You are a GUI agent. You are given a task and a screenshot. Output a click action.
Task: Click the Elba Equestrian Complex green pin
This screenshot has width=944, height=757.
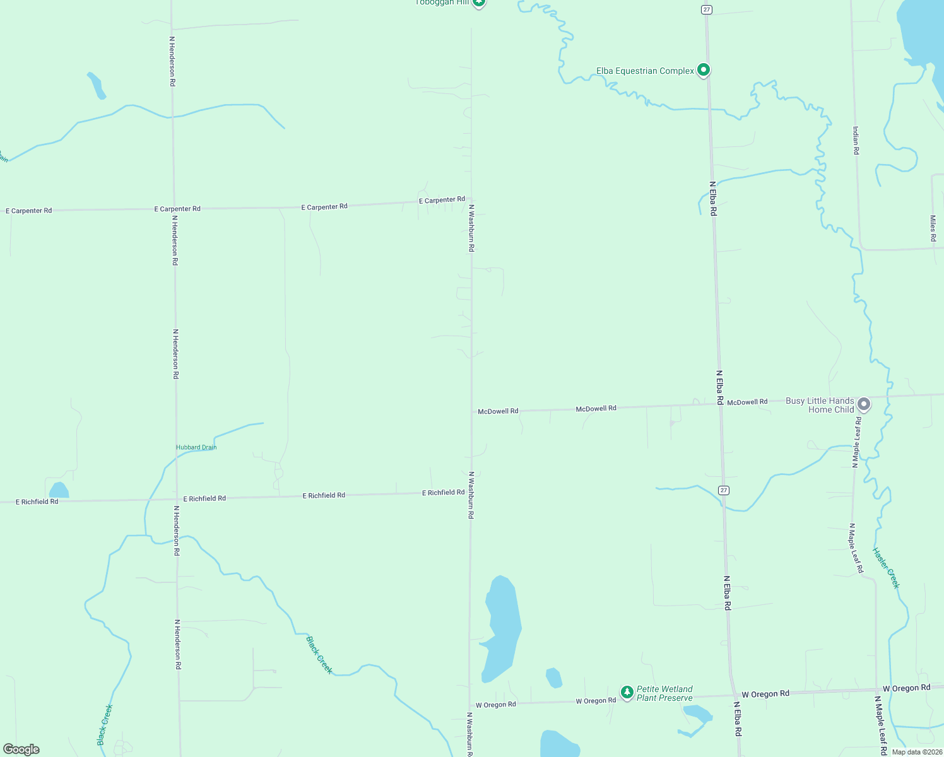[704, 70]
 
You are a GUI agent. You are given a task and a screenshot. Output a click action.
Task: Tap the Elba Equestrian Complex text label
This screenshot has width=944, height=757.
[645, 71]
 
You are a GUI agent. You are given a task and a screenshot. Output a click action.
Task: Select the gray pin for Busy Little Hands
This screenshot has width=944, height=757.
[864, 404]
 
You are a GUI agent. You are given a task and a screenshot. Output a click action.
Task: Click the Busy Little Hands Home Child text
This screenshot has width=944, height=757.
[820, 405]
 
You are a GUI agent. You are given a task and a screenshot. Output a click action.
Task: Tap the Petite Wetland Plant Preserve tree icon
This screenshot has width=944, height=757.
[627, 693]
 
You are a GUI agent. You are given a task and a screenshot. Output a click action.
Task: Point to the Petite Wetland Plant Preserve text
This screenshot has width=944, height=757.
[664, 693]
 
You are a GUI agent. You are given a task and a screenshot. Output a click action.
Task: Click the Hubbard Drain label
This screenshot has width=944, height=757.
[196, 447]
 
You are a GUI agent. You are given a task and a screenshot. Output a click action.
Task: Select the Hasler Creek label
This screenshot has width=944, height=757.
[886, 568]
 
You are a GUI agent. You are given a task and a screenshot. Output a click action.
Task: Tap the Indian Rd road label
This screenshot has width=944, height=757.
[856, 140]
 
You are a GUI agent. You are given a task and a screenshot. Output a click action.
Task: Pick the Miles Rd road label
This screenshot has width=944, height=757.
[933, 228]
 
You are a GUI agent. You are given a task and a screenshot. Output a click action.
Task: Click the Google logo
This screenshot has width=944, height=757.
[21, 749]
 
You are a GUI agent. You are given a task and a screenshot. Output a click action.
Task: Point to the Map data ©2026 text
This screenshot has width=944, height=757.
[917, 752]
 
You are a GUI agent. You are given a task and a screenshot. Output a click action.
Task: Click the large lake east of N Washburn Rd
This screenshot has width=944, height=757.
[502, 628]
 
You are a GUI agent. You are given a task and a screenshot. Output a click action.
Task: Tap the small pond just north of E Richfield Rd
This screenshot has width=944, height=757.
[59, 490]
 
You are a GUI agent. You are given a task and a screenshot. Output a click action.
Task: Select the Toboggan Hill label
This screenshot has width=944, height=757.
[444, 3]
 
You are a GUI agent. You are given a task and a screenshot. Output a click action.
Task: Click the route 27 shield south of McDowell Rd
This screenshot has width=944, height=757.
[724, 490]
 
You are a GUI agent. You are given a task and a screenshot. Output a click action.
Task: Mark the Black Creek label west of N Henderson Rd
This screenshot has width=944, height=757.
[105, 724]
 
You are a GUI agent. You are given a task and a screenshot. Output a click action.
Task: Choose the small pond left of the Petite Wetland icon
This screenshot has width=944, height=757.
[553, 678]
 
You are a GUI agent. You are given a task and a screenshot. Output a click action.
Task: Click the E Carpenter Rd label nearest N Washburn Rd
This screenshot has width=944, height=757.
[442, 200]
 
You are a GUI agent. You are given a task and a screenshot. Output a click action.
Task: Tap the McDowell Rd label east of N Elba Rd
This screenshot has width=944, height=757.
[747, 402]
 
